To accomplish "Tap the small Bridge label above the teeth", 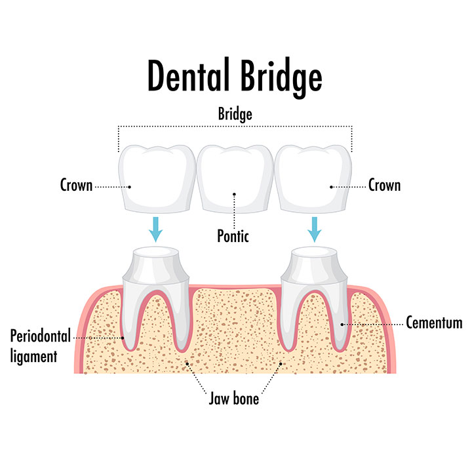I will pos(235,114).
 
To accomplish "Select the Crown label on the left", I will pos(75,186).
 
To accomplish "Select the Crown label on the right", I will pos(384,186).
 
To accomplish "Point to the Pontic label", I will pos(233,235).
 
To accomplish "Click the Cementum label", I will pos(434,323).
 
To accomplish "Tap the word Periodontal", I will pos(41,337).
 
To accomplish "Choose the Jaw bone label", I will pos(235,398).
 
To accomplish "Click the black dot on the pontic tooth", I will pos(234,195).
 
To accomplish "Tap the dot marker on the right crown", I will pos(332,187).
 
